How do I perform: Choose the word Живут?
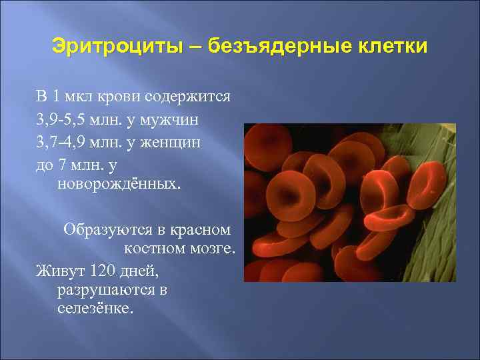pos(59,271)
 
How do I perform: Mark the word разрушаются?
pos(104,290)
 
